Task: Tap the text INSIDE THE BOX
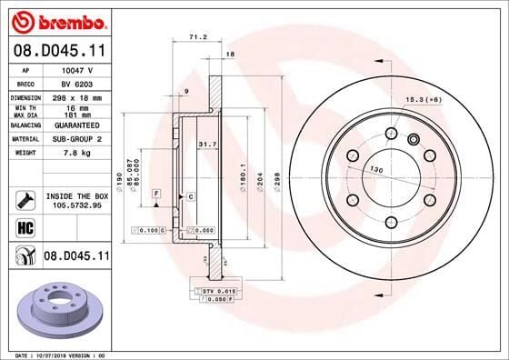click(76, 195)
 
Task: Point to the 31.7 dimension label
click(206, 144)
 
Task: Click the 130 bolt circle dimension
click(375, 170)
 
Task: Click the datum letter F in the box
click(156, 194)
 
